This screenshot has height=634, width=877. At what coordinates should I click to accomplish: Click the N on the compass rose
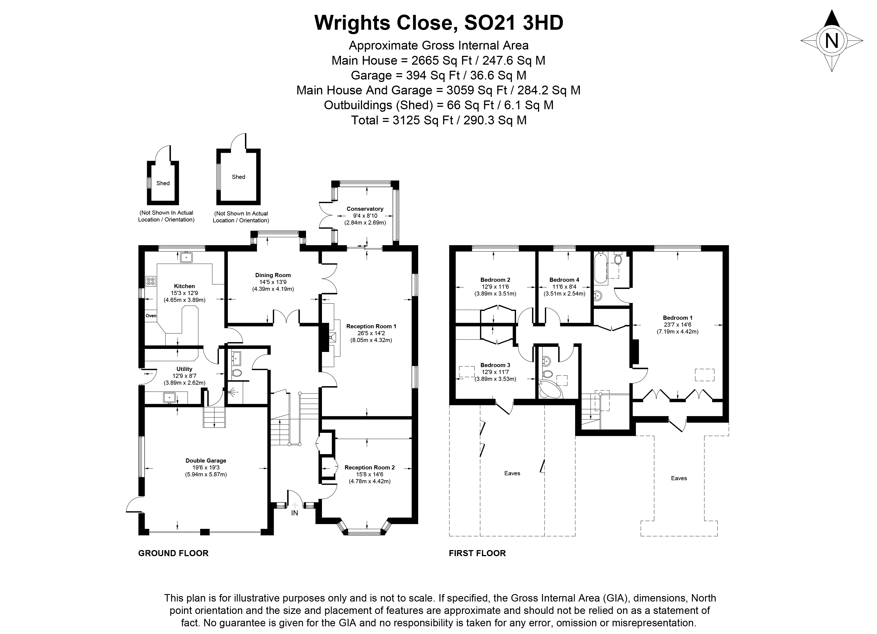(x=832, y=40)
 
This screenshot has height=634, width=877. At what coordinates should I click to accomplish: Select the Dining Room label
(x=273, y=275)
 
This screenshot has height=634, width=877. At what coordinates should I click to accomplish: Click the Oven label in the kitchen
(x=151, y=316)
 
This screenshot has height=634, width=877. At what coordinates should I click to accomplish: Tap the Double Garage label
(x=206, y=461)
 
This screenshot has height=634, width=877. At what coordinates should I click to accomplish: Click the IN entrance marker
(x=295, y=513)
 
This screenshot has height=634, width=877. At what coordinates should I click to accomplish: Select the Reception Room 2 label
(x=370, y=468)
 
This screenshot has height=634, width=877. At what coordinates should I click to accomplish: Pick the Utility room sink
(x=169, y=398)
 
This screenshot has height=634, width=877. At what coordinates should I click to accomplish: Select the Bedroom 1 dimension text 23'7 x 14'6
(x=677, y=325)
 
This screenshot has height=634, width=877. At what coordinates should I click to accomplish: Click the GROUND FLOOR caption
(x=173, y=553)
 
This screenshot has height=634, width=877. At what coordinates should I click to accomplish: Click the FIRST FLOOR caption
(x=477, y=553)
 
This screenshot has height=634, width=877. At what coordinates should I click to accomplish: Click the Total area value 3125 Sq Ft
(x=423, y=120)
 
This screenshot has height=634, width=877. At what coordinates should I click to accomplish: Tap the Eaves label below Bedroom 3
(x=512, y=473)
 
